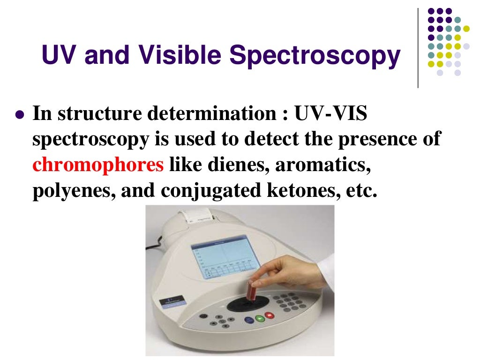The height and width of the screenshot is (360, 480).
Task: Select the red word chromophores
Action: click(98, 165)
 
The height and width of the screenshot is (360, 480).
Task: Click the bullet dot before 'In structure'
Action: click(19, 115)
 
